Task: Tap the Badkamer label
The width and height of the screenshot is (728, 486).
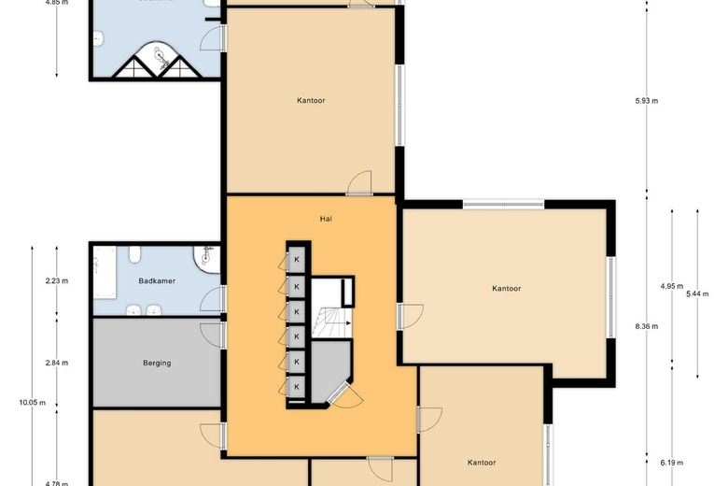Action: [157, 280]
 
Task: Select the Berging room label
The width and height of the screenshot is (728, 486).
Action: [157, 363]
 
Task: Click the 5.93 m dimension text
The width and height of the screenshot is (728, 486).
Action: [647, 101]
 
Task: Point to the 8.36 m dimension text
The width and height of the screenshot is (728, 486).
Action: [647, 326]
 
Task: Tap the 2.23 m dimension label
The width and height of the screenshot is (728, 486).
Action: [58, 280]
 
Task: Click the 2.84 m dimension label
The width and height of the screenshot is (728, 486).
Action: [58, 363]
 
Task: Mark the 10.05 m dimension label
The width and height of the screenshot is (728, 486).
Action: [32, 403]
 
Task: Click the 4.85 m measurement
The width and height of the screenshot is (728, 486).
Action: [58, 3]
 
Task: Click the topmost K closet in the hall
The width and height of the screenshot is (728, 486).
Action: [297, 260]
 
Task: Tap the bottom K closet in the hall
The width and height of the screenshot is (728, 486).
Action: [297, 386]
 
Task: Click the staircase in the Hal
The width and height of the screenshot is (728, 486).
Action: [330, 322]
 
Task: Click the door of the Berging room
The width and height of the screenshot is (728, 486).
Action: [214, 334]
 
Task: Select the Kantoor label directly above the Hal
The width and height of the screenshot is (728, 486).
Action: [311, 100]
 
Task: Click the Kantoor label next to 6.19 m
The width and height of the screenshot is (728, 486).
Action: [482, 463]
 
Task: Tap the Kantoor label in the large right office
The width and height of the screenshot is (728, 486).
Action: [506, 289]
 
